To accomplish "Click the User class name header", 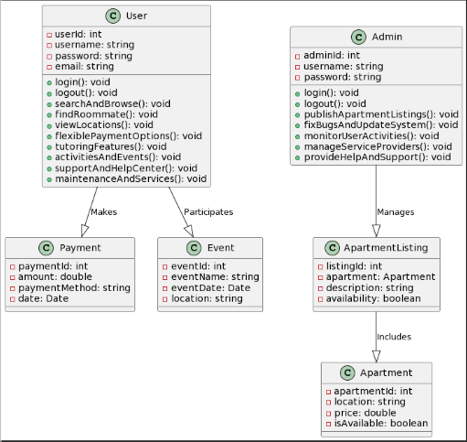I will click(x=135, y=16).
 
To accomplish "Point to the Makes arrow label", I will click(x=103, y=211).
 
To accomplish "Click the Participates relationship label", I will click(x=207, y=211).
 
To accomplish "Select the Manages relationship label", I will click(x=396, y=211).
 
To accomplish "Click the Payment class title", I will click(x=80, y=248).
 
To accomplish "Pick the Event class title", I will click(x=219, y=248).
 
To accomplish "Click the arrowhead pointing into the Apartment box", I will click(x=376, y=355).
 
